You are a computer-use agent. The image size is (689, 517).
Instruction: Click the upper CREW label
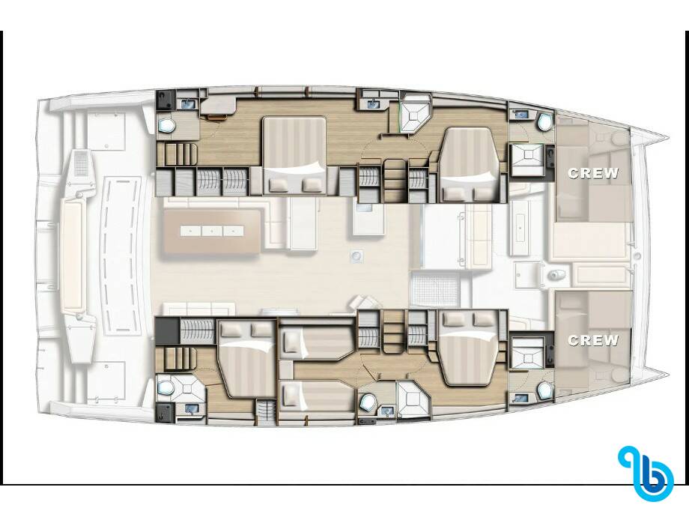tap(593, 173)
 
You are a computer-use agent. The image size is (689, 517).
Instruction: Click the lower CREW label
tap(593, 340)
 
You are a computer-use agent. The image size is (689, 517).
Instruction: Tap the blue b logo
tap(646, 474)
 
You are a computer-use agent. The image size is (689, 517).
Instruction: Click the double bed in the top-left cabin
tap(294, 155)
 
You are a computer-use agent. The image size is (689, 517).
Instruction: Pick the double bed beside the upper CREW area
tap(470, 165)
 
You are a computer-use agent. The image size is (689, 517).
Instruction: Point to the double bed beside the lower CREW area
tap(470, 348)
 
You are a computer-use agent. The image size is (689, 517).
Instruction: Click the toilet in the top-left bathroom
tap(167, 126)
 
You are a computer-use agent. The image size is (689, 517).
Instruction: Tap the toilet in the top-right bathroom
tap(545, 122)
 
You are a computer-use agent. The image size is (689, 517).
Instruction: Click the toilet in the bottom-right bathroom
tap(545, 390)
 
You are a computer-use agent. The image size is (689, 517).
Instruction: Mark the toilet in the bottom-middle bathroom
tap(368, 402)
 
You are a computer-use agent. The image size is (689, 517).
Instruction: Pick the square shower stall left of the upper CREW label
tap(526, 160)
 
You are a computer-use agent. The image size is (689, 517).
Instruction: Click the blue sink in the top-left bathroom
tap(188, 103)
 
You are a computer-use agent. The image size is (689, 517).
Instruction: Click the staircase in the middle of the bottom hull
tap(394, 330)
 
